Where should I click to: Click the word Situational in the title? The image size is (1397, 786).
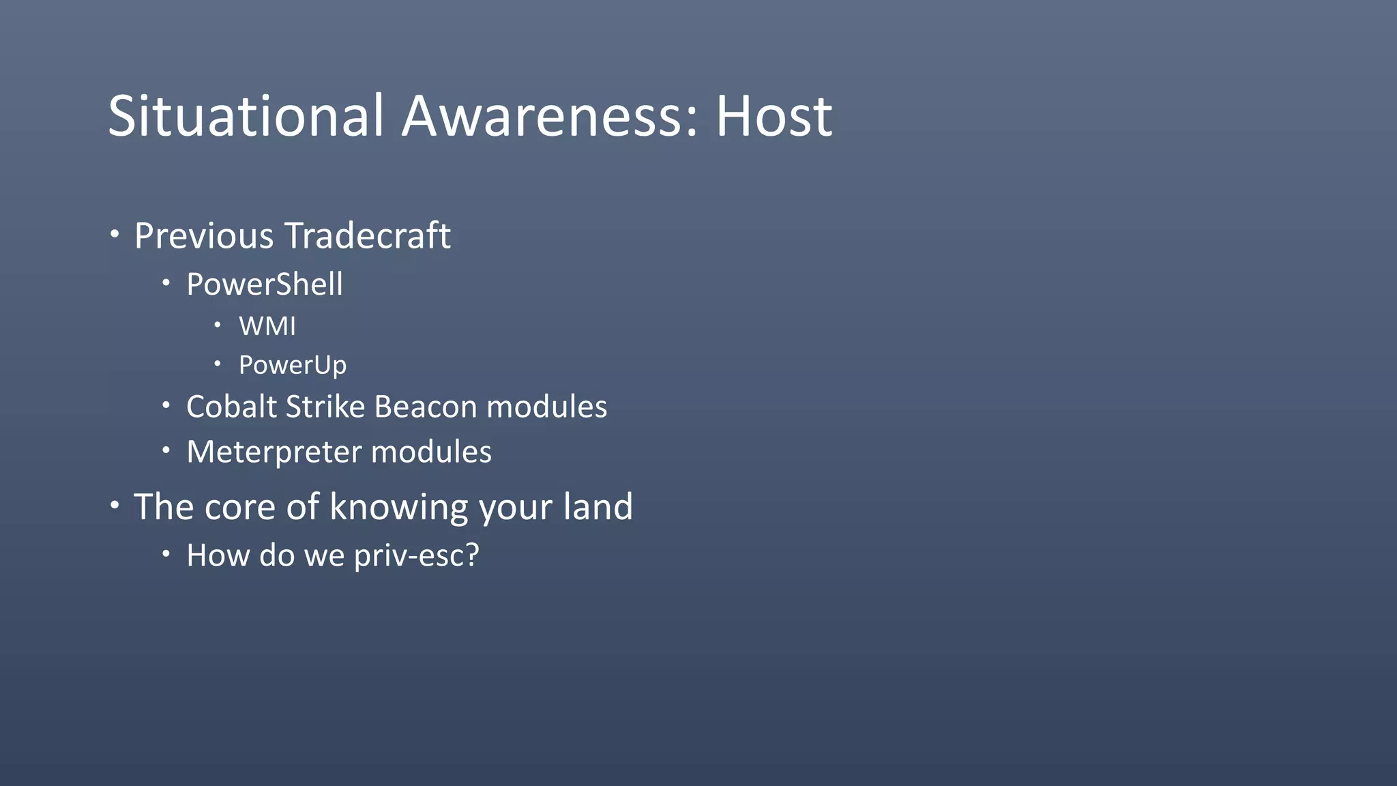click(246, 116)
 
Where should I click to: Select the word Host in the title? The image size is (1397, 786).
click(774, 116)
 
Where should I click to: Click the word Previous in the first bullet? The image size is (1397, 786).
click(204, 236)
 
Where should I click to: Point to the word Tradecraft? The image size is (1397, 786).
click(368, 236)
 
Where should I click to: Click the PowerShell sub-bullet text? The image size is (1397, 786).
click(265, 285)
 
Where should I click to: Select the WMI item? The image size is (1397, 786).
click(267, 326)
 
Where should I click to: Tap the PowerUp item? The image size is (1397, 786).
click(293, 365)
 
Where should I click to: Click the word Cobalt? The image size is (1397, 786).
click(231, 407)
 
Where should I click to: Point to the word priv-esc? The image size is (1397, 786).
click(417, 555)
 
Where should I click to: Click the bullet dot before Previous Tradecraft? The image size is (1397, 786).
click(115, 235)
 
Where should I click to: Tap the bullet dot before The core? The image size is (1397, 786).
click(115, 506)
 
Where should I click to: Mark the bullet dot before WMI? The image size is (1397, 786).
click(218, 325)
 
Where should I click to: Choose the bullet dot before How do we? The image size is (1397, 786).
click(166, 554)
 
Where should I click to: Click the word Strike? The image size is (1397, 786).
click(325, 407)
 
